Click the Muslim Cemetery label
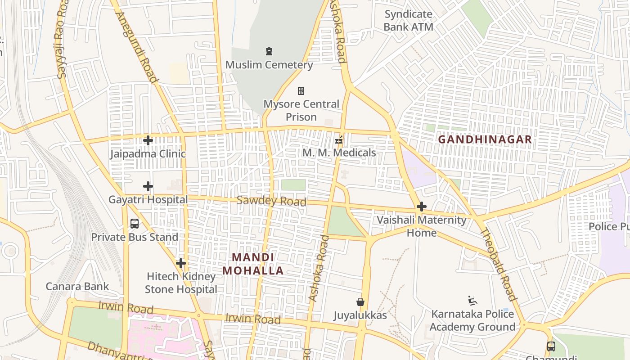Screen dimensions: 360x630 (269, 65)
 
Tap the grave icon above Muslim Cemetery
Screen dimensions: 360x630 (269, 51)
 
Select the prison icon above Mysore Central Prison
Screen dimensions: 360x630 (301, 91)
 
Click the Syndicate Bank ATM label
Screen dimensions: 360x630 (409, 21)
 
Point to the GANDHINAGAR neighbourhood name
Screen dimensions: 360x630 (485, 139)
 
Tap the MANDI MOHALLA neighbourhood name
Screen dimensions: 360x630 (253, 264)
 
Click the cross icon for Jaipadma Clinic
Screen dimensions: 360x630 (148, 140)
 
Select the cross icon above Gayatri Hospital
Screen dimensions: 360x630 (148, 186)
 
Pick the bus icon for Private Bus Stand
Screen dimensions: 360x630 (135, 224)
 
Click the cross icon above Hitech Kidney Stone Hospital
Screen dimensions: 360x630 (181, 263)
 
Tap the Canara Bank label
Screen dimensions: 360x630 (77, 287)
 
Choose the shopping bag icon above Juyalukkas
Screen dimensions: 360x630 (360, 302)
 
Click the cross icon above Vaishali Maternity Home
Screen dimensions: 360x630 (422, 207)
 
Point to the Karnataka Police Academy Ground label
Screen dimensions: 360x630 (472, 320)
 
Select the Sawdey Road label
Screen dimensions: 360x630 (271, 201)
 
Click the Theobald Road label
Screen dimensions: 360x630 (498, 265)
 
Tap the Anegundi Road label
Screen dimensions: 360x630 (137, 47)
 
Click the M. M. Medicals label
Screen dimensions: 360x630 (339, 153)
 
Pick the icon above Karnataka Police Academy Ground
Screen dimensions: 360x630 (472, 301)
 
